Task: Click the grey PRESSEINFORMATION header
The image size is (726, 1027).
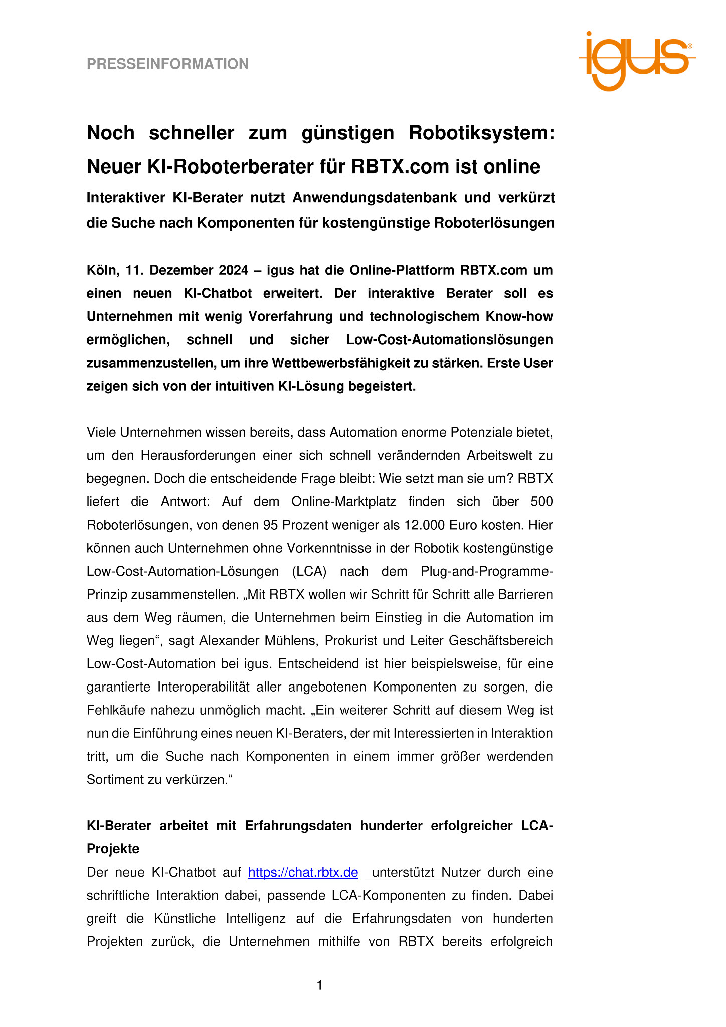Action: [167, 64]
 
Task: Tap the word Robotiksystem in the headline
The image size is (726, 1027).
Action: [481, 133]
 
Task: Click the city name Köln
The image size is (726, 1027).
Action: [103, 270]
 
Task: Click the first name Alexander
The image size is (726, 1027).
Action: [226, 641]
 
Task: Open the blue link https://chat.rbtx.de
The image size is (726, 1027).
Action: [303, 873]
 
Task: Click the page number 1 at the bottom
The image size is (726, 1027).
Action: [320, 986]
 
